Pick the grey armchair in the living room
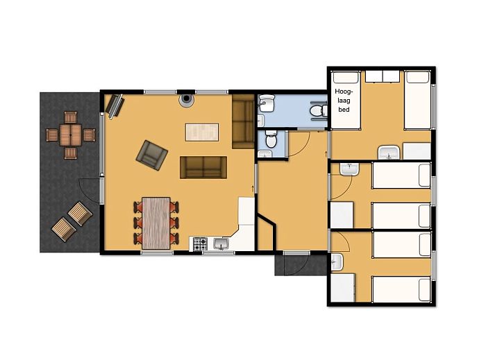(x=152, y=154)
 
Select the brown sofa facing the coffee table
(x=203, y=166)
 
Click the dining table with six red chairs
(x=156, y=221)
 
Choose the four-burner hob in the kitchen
(x=200, y=244)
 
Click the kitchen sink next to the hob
(x=221, y=243)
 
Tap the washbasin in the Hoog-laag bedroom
(x=389, y=153)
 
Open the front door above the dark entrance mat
(x=294, y=254)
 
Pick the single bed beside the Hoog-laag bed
(x=417, y=100)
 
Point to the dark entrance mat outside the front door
(x=300, y=264)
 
